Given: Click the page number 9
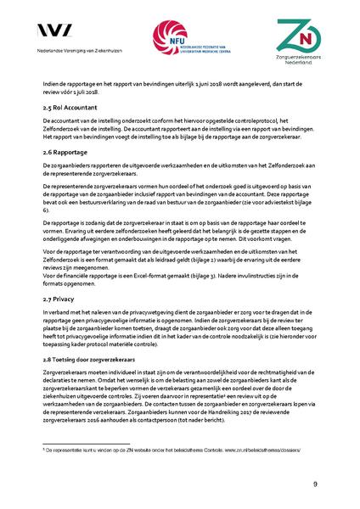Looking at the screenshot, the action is pyautogui.click(x=315, y=484).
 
